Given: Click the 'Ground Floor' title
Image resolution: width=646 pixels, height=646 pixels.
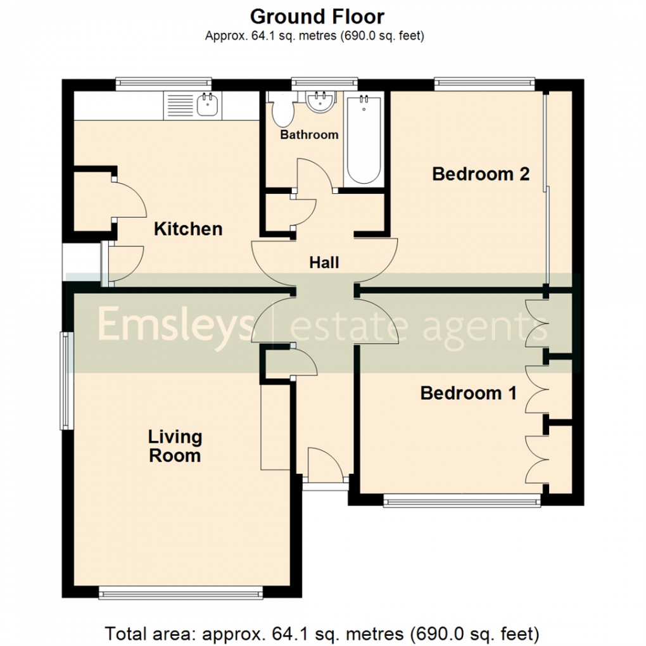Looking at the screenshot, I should click(317, 16).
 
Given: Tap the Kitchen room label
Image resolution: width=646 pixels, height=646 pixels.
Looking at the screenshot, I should click(188, 229).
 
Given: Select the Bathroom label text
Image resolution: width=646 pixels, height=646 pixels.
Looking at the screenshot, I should click(309, 135).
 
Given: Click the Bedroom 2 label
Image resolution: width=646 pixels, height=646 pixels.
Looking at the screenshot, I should click(480, 174).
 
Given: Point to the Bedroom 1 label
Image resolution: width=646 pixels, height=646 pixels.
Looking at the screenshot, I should click(468, 393).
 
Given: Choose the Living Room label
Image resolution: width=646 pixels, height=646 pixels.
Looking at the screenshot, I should click(174, 446).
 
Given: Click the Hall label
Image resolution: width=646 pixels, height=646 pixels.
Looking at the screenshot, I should click(324, 262).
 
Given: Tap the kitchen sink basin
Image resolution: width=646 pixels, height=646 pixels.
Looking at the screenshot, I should click(208, 105).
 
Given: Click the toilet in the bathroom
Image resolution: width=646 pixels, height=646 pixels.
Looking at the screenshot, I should click(282, 111).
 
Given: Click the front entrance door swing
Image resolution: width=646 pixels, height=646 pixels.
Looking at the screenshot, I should click(324, 462).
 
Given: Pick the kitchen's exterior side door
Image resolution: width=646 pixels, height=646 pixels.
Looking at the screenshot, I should click(125, 261).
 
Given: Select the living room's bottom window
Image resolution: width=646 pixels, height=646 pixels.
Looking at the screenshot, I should click(180, 593).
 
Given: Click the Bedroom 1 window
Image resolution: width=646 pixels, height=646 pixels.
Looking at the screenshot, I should click(462, 502).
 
